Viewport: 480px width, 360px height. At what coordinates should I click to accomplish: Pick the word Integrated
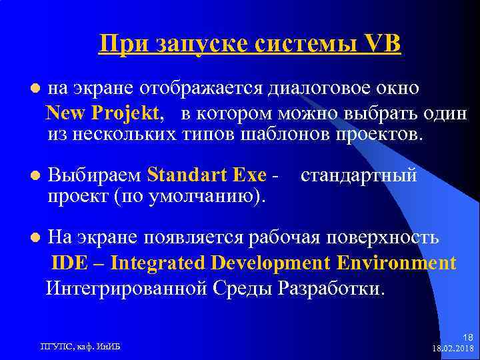pyautogui.click(x=157, y=263)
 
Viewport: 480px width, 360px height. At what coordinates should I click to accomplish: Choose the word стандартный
pyautogui.click(x=359, y=175)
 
